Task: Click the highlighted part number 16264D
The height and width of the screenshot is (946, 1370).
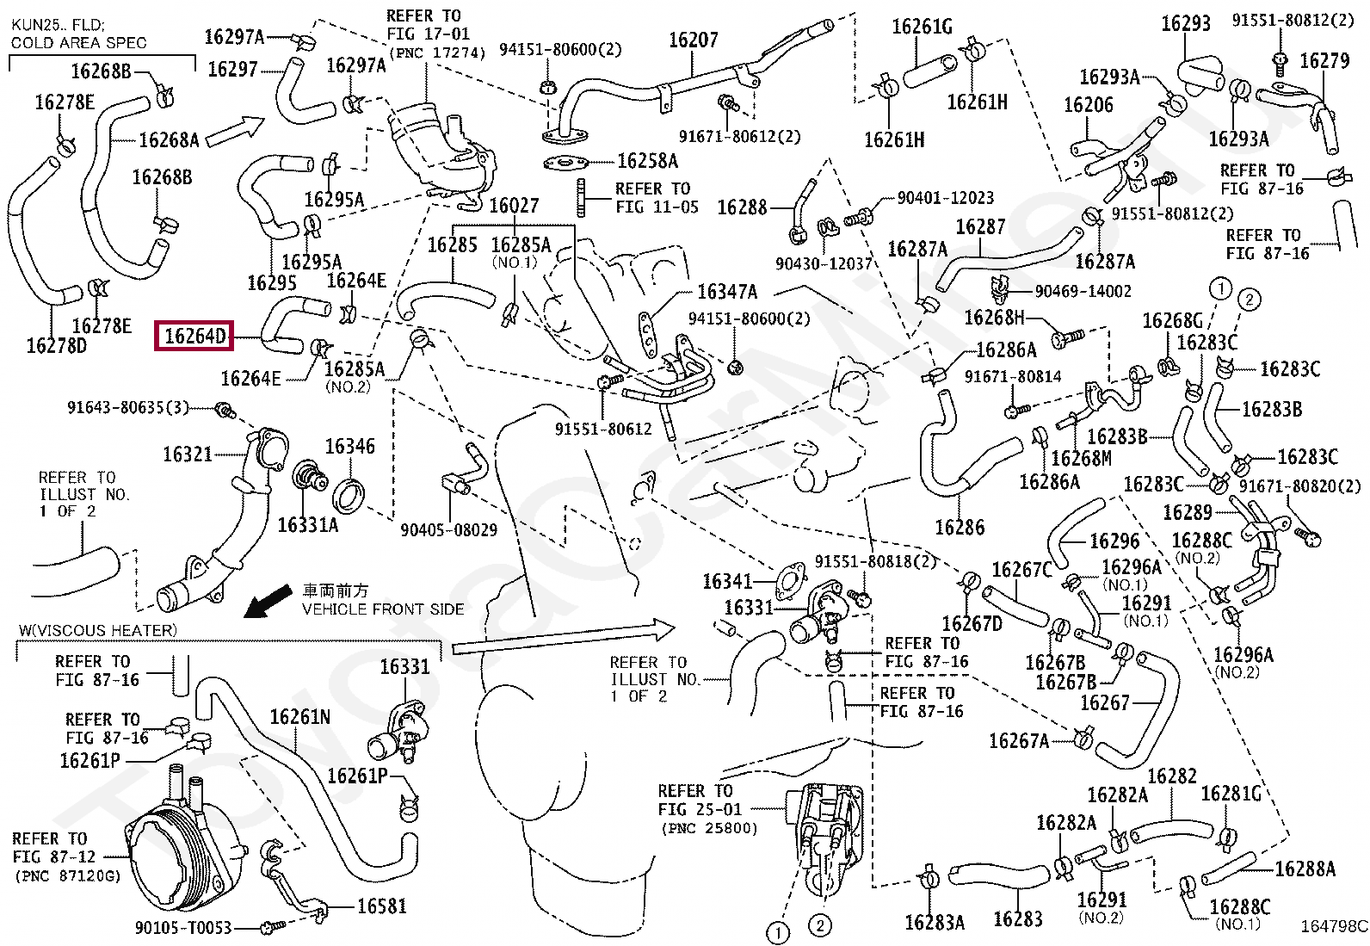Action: [195, 336]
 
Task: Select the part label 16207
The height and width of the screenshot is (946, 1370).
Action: [693, 40]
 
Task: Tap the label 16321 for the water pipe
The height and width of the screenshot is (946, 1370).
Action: [187, 454]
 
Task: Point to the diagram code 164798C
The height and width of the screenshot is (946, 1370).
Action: [1333, 927]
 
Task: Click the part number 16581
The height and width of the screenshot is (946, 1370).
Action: [381, 906]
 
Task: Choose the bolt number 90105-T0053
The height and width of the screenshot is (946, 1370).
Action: [183, 927]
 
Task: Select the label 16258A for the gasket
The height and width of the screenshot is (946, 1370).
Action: [647, 161]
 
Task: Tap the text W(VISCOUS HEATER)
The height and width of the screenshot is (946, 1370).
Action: [97, 630]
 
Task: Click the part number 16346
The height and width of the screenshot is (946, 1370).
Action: [349, 446]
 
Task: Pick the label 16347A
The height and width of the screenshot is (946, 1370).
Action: [727, 292]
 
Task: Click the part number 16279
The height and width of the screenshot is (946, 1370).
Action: [1324, 60]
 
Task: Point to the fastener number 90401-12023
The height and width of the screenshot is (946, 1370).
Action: [945, 198]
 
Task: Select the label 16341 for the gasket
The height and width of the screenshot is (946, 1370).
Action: [727, 581]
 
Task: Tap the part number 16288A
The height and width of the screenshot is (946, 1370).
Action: [1305, 869]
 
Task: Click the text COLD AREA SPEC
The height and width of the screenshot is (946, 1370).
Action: [78, 42]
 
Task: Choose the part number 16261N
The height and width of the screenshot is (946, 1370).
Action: [299, 717]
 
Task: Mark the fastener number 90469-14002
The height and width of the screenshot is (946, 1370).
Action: [1083, 291]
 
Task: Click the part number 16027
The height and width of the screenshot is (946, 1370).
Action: [514, 205]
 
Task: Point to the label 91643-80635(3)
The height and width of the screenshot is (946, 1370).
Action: [127, 406]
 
